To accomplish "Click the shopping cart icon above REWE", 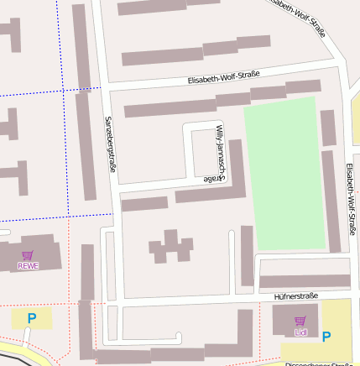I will pos(28,255).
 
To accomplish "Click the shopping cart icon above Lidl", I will pos(300,322).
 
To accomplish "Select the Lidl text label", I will pos(300,332).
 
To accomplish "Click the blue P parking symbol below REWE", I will pos(32,318).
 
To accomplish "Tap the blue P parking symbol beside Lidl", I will pos(326,337).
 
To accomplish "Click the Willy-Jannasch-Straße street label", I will pos(217,153).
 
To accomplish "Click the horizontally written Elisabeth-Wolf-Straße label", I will pos(222,78).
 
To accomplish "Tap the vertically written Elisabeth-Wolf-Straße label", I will pos(349,198).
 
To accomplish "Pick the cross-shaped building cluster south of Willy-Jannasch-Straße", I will pos(171,245).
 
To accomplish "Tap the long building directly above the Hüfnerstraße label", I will pos(304,281).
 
